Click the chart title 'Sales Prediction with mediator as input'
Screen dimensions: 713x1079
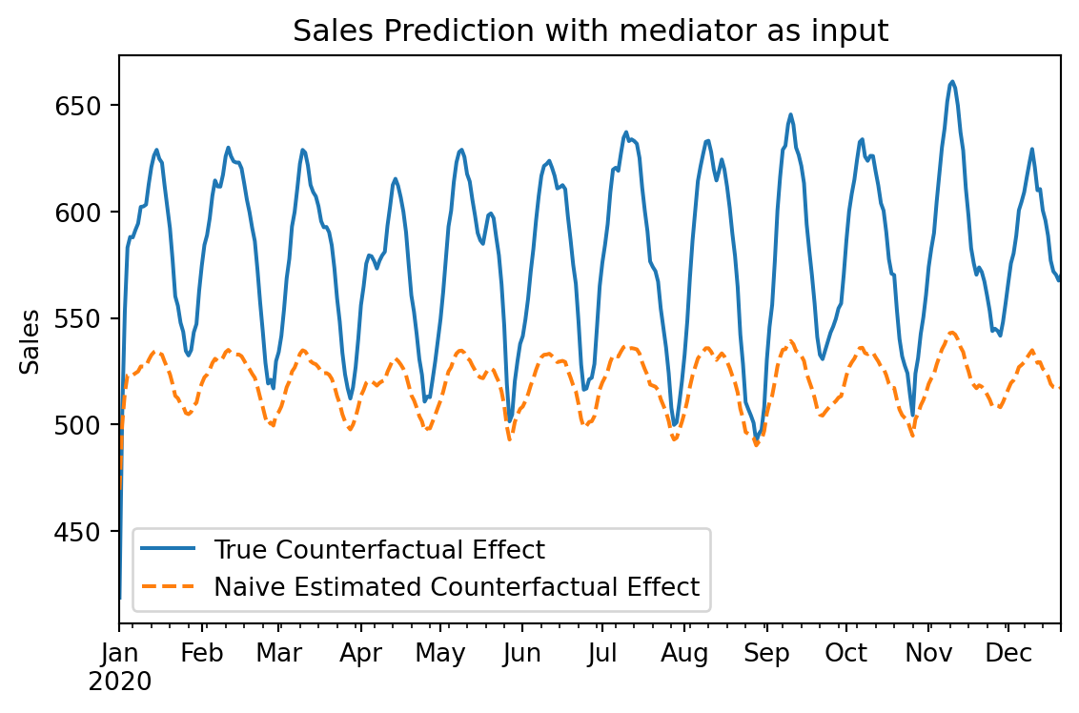[590, 31]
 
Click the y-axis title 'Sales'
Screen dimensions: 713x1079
[31, 341]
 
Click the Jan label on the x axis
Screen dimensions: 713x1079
[119, 655]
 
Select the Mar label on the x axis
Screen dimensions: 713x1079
[278, 655]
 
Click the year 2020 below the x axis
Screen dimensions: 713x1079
[120, 682]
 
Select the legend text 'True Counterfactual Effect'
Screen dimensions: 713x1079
[379, 550]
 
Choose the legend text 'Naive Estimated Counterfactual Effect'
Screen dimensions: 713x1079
[457, 587]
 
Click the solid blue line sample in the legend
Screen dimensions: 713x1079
[169, 549]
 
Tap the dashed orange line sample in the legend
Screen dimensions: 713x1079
[169, 586]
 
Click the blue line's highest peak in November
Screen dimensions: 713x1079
[952, 82]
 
